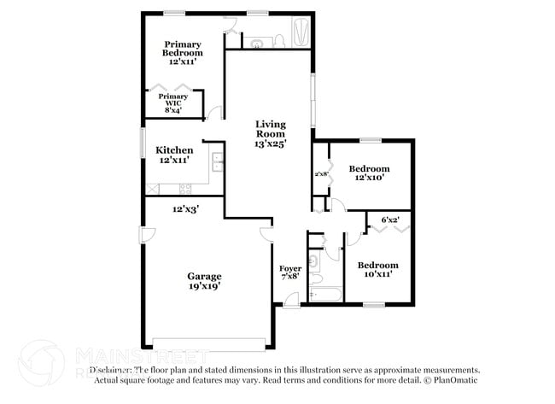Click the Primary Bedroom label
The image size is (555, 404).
(184, 53)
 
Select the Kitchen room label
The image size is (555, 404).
(173, 155)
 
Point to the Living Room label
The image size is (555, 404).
(270, 134)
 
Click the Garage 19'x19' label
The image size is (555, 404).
(205, 281)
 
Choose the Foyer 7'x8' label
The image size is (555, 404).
(290, 272)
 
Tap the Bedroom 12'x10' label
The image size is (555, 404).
(369, 173)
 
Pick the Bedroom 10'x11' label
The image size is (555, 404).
(377, 270)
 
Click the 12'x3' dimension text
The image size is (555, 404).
(185, 208)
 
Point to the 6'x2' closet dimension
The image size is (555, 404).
(390, 220)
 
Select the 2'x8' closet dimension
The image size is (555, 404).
(321, 173)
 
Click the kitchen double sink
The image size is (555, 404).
(218, 161)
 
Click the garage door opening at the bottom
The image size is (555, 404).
(208, 345)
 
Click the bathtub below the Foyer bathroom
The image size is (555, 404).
(324, 295)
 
